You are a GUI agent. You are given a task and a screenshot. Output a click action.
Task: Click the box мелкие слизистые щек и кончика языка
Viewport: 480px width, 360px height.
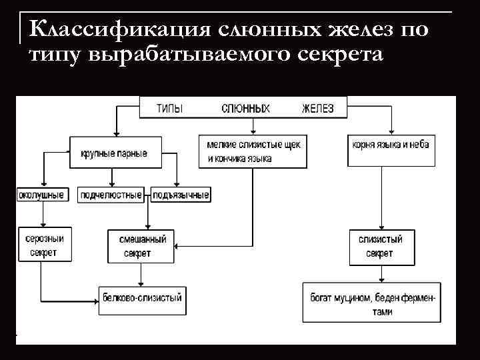coord(253,151)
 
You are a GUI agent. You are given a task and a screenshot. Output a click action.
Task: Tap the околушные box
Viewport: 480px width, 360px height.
coord(41,195)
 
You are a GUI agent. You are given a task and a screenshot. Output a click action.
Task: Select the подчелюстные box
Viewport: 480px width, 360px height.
coord(111,195)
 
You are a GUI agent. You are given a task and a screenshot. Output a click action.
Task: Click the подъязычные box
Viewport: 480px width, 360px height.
coord(181,195)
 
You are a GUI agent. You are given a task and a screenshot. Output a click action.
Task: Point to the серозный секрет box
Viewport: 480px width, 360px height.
coord(41,245)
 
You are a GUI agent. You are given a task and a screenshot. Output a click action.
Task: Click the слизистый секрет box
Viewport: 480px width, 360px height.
coord(380,246)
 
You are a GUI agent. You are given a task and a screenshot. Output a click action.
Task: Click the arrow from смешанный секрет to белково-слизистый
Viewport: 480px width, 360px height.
coord(140,274)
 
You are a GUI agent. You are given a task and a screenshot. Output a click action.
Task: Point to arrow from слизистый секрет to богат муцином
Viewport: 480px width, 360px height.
coord(380,273)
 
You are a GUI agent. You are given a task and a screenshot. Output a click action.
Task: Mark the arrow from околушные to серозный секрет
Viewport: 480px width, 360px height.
coord(41,215)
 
